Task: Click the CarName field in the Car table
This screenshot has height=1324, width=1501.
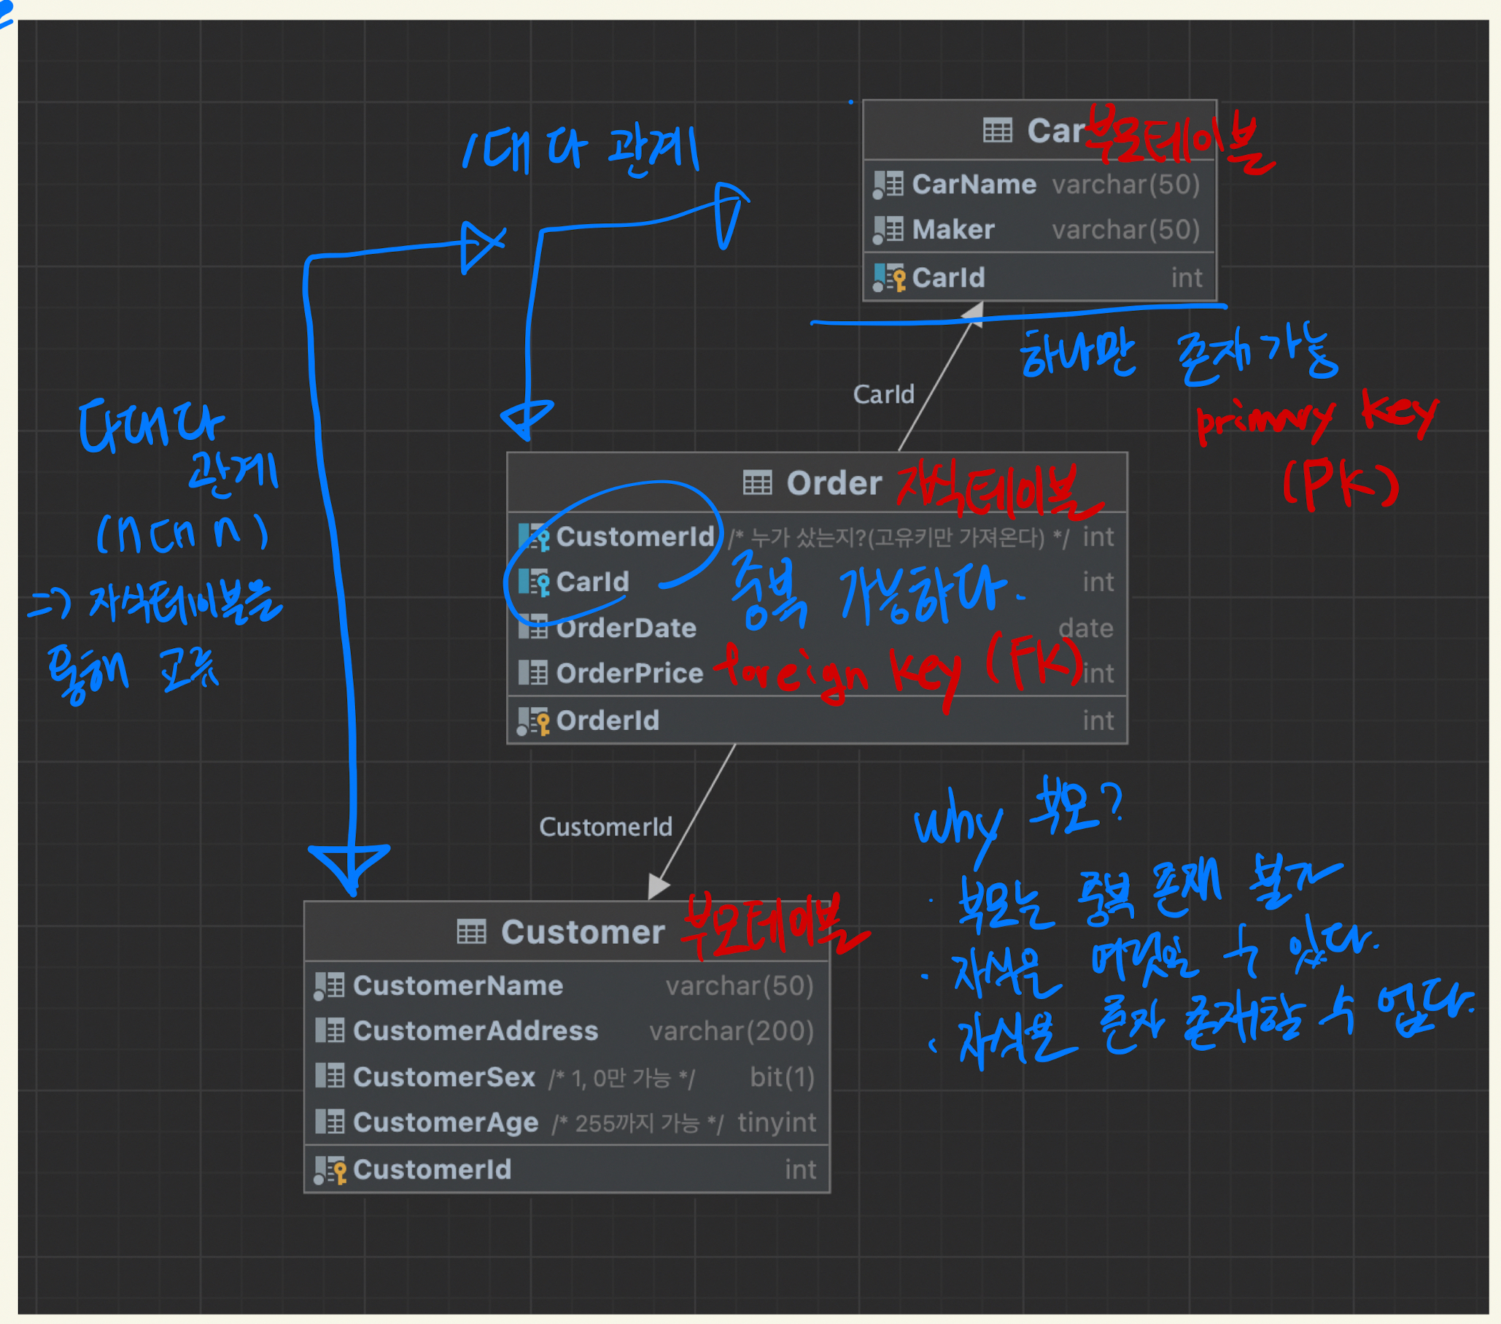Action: [x=973, y=185]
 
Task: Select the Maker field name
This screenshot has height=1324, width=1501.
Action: [x=953, y=230]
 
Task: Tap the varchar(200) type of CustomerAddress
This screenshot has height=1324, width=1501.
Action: [x=731, y=1031]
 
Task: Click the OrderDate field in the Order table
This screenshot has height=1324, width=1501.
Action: [x=626, y=628]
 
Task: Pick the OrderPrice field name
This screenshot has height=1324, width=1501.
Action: [x=629, y=673]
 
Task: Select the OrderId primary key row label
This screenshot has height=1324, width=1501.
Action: [x=608, y=721]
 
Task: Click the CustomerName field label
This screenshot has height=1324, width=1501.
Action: [x=457, y=985]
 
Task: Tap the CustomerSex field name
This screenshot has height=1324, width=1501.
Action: [x=443, y=1077]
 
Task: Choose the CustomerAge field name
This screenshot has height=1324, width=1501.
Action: [x=445, y=1122]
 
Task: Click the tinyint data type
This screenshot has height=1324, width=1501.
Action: [x=776, y=1122]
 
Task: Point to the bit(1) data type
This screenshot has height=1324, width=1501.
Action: [x=781, y=1077]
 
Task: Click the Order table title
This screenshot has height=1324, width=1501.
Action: [x=834, y=483]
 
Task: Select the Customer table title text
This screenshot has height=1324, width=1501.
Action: [x=582, y=931]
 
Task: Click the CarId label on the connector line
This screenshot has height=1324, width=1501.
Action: [x=883, y=395]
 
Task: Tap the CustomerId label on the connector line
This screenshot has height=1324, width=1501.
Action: [x=605, y=827]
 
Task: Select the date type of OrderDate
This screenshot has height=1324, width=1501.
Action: [x=1085, y=628]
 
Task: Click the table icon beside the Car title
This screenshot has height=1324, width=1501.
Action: [x=997, y=131]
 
